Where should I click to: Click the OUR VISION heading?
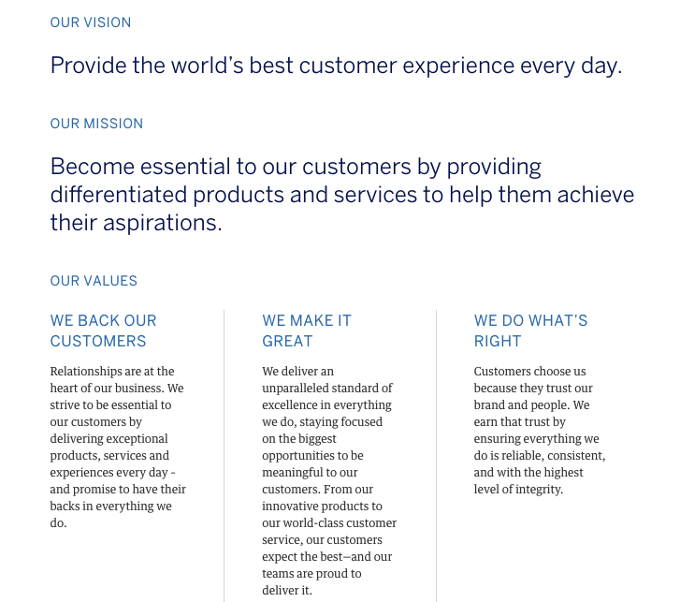[91, 22]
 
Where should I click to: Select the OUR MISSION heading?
[96, 124]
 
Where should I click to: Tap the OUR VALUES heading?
[94, 281]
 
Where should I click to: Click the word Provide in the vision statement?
[87, 66]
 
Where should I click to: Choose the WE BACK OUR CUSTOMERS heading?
[103, 330]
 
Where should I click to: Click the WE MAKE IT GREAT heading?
[307, 330]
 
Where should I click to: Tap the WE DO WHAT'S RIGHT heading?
[530, 330]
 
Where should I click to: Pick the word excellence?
[292, 405]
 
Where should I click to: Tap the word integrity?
[537, 490]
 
